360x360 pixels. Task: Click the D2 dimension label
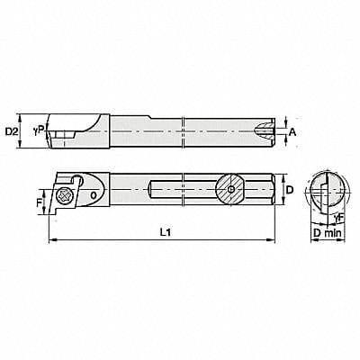coord(13,132)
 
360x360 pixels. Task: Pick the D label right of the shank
coord(292,190)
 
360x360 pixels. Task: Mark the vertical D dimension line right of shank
coord(281,190)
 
